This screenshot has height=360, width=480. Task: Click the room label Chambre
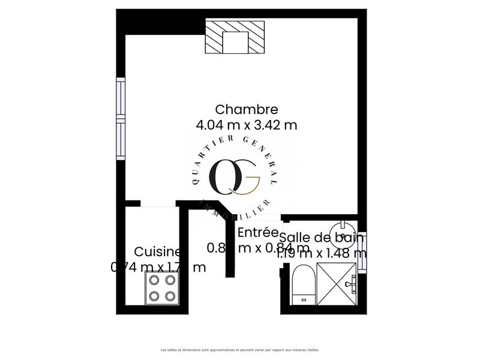(x=246, y=109)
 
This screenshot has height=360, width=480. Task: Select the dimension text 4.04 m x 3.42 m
(x=246, y=125)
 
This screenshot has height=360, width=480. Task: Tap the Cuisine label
(x=157, y=251)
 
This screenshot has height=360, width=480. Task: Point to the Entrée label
(x=258, y=232)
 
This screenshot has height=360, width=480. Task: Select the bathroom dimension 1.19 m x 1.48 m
(x=321, y=253)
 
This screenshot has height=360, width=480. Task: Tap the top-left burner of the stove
(x=153, y=280)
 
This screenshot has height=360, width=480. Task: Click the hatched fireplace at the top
(x=235, y=37)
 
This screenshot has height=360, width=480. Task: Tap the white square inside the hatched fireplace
(x=235, y=42)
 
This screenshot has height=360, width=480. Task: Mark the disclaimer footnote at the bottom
(x=240, y=349)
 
